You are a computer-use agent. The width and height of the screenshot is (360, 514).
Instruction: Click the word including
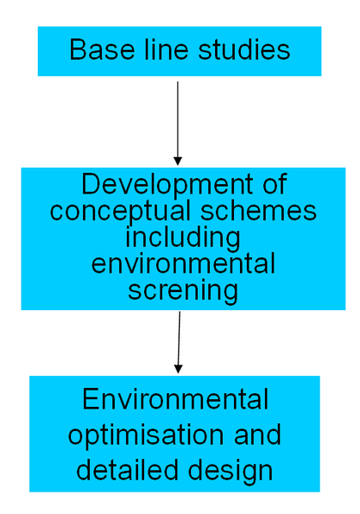coord(183,238)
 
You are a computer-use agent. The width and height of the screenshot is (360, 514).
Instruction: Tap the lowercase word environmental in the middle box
coord(183,264)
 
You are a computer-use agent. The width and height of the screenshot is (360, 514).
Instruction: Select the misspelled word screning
coord(183,290)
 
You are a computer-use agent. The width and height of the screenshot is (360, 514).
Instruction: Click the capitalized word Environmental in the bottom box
coord(176,400)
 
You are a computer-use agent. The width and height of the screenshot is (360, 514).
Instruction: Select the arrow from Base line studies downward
coord(177,120)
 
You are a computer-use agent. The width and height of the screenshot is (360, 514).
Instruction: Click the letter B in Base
coord(77,51)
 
